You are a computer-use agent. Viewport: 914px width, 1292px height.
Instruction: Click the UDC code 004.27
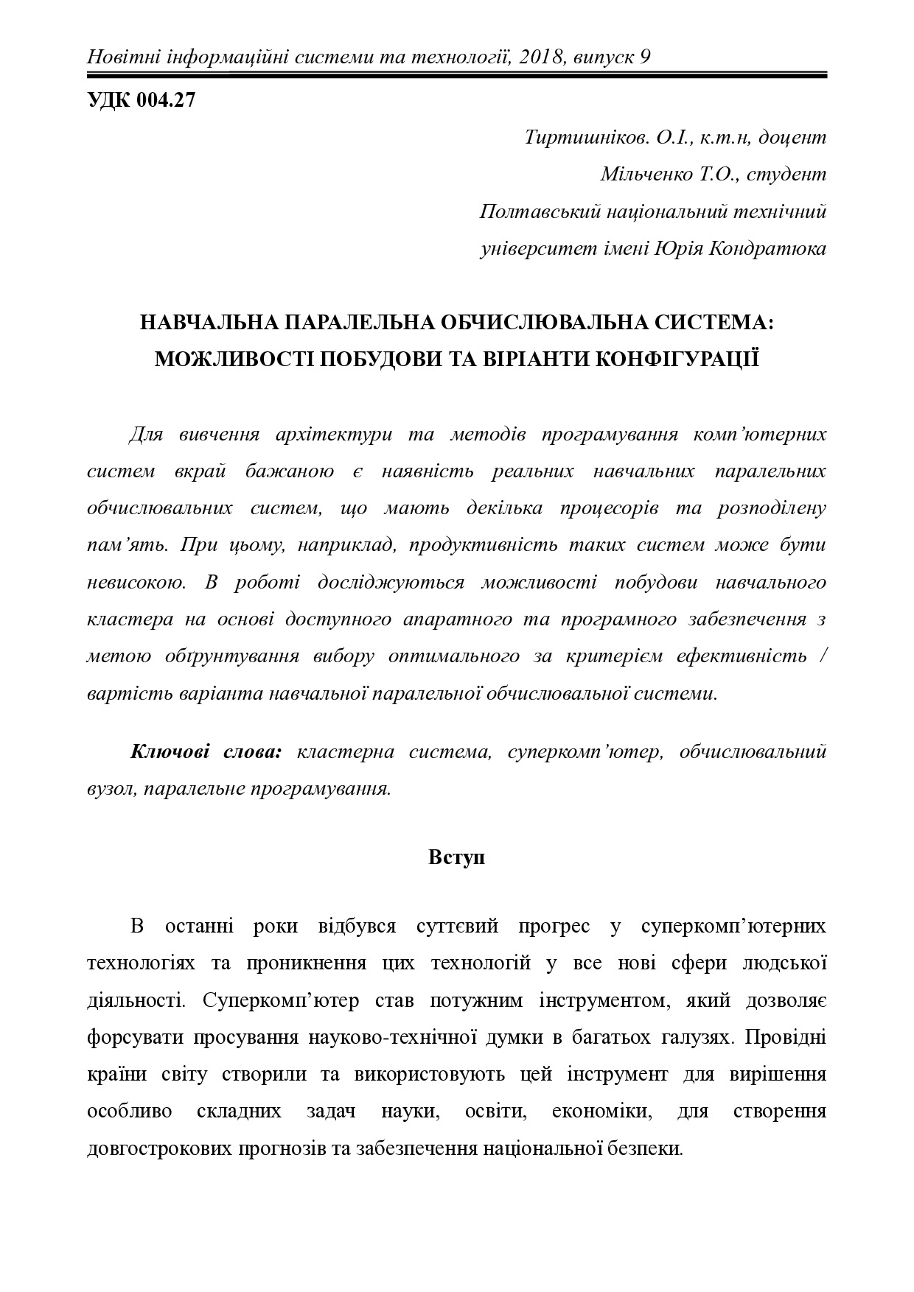tap(165, 101)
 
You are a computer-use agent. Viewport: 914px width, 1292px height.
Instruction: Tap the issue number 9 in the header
tap(645, 57)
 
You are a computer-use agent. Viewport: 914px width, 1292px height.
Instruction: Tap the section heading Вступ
tap(456, 858)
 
